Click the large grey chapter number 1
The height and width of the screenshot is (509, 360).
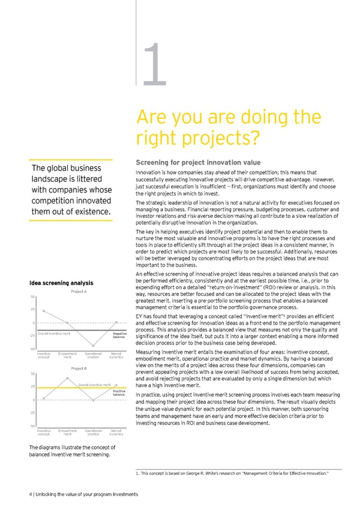(x=154, y=67)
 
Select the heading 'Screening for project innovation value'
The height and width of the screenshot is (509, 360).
(x=198, y=162)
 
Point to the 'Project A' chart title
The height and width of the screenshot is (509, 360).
(x=79, y=291)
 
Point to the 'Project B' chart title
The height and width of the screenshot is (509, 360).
(x=79, y=369)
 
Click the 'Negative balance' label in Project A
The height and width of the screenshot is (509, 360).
(x=118, y=335)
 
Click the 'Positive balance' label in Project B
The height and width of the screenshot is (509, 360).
(x=118, y=393)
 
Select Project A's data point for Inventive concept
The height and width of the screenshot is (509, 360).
(x=44, y=311)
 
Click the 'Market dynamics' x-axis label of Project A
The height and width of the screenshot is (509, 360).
(x=117, y=357)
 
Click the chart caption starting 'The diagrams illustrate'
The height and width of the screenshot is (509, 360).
(x=69, y=451)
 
